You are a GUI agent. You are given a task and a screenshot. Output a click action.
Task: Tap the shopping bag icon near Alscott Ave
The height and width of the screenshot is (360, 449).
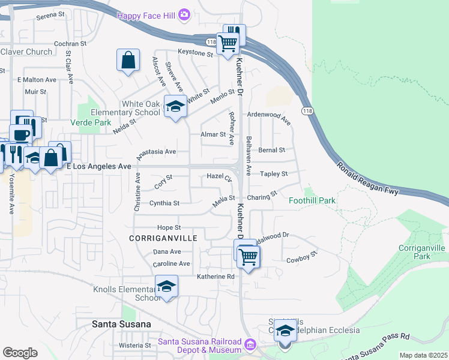(x=128, y=61)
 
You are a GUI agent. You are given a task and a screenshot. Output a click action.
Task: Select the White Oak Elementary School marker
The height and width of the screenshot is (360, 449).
(x=175, y=107)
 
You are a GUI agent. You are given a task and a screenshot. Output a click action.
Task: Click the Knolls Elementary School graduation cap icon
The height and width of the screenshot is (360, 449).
(x=167, y=286)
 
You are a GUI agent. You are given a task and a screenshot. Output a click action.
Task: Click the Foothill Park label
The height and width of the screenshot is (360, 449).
(x=312, y=200)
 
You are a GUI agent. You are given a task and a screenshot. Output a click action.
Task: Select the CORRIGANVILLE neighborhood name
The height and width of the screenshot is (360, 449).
(x=163, y=238)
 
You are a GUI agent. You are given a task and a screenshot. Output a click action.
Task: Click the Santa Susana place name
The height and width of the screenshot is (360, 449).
(x=121, y=324)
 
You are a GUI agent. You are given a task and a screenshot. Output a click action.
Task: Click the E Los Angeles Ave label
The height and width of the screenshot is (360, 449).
(x=98, y=166)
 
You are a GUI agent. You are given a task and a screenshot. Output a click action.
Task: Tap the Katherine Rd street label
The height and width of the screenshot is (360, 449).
(x=215, y=277)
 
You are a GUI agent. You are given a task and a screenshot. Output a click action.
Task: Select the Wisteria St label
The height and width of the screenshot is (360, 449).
(x=134, y=346)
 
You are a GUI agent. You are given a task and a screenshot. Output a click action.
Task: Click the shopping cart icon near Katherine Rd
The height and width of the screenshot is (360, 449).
(x=248, y=257)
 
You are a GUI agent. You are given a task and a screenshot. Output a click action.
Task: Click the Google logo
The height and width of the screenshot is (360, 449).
(x=20, y=353)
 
